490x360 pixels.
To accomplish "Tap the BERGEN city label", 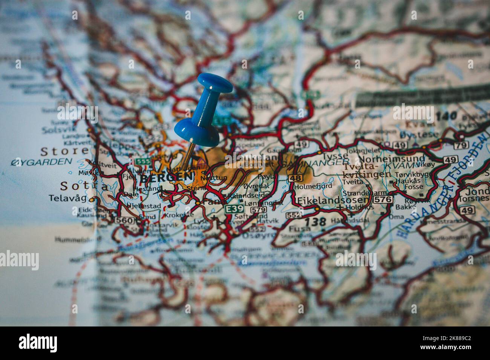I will (x=166, y=176).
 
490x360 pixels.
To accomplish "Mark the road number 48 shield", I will (x=296, y=178).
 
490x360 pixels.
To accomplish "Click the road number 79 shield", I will (x=460, y=145).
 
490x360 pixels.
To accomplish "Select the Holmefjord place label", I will (x=313, y=186).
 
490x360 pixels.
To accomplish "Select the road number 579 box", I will (x=258, y=209).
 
